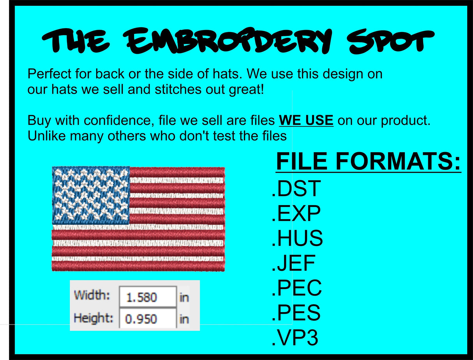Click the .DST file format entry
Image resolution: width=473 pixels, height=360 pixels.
[x=296, y=189]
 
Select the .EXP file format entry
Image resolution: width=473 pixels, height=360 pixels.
[x=296, y=214]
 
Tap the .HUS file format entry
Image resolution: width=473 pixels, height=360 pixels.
[x=297, y=239]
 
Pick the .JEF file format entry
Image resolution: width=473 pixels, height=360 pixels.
[x=293, y=263]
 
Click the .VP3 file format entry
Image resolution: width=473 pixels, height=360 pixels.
[x=295, y=338]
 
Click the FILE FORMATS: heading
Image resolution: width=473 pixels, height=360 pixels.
[x=368, y=162]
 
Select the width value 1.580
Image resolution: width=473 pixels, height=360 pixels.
[x=142, y=298]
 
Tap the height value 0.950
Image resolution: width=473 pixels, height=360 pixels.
[x=141, y=319]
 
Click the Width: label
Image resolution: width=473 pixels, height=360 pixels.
[x=92, y=294]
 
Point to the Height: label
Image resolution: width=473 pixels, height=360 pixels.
[x=94, y=318]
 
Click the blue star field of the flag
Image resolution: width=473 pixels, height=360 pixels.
[x=91, y=195]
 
